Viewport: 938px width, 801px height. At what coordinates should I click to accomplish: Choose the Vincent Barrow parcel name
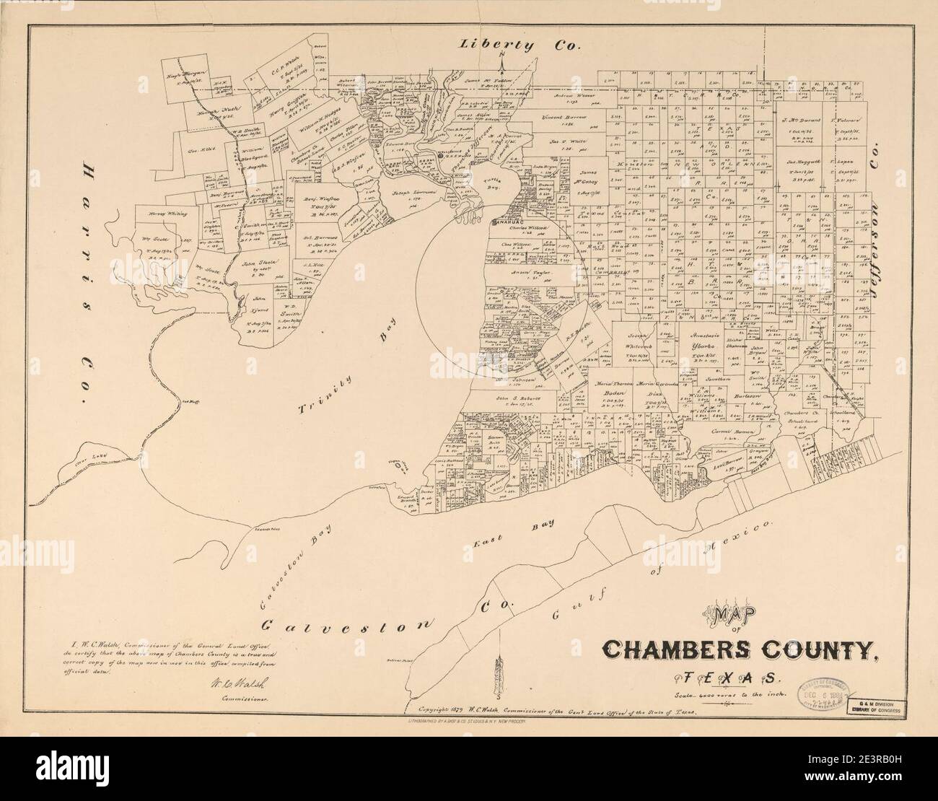(564, 116)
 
